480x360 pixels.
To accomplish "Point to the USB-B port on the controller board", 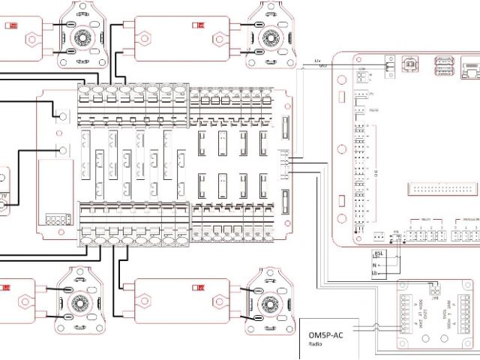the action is coord(411,65).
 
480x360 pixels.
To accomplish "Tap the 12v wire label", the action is coord(318,60).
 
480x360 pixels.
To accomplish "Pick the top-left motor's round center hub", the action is coord(80,37).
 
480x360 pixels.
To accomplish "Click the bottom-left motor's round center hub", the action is coord(79,304).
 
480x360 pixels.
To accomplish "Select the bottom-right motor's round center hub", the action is coord(267,304).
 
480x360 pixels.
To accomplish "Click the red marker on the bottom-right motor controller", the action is coord(199,287).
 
